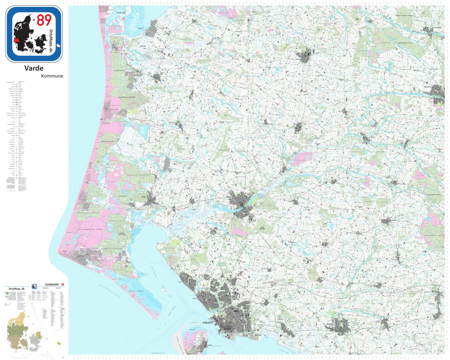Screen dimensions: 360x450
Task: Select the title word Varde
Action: coord(33,68)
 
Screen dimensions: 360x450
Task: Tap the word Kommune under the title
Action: coord(52,76)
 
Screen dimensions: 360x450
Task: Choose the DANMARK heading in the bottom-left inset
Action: coord(52,285)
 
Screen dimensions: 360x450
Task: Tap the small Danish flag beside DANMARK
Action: coord(63,285)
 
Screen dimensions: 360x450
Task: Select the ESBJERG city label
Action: coord(208,322)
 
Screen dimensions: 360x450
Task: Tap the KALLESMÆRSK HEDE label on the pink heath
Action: coord(80,228)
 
